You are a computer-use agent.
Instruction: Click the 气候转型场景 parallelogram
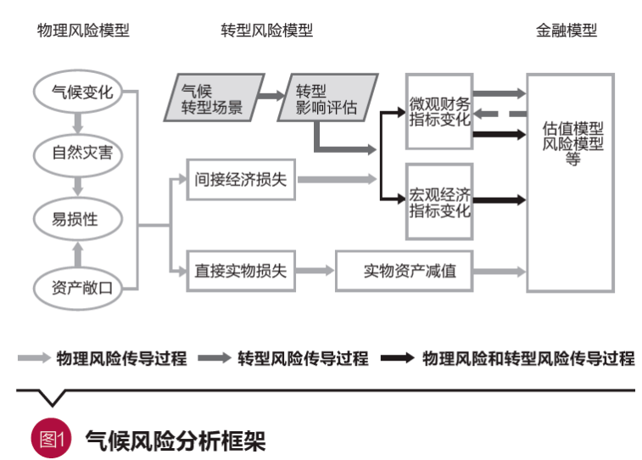[x=211, y=98]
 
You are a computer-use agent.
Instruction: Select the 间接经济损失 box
[x=241, y=180]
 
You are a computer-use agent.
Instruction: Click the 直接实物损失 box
[x=241, y=271]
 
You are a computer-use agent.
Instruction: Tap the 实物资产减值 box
[x=404, y=271]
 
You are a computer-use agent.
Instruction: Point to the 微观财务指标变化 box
[x=438, y=111]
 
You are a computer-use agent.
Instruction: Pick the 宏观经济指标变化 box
[x=438, y=202]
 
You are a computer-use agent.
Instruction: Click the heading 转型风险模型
[x=266, y=31]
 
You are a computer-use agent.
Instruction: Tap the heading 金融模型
[x=567, y=31]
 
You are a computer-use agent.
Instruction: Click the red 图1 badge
[x=48, y=440]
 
